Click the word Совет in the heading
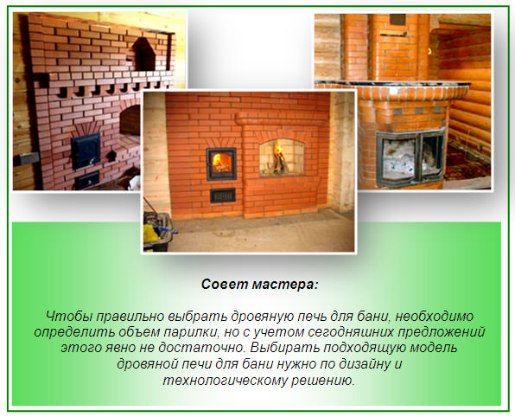pos(222,284)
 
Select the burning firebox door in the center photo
pos(219,164)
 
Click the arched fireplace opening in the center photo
pos(280,159)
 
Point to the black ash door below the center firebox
pos(219,194)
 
